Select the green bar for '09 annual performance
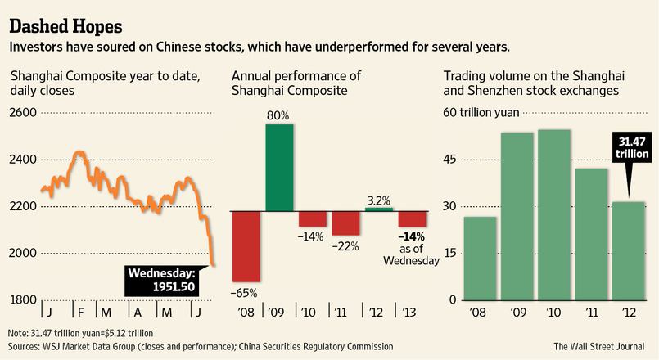click(278, 167)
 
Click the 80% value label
click(278, 116)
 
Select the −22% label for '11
click(345, 245)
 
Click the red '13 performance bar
click(412, 218)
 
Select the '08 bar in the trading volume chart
click(481, 259)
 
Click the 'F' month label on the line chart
click(79, 313)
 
